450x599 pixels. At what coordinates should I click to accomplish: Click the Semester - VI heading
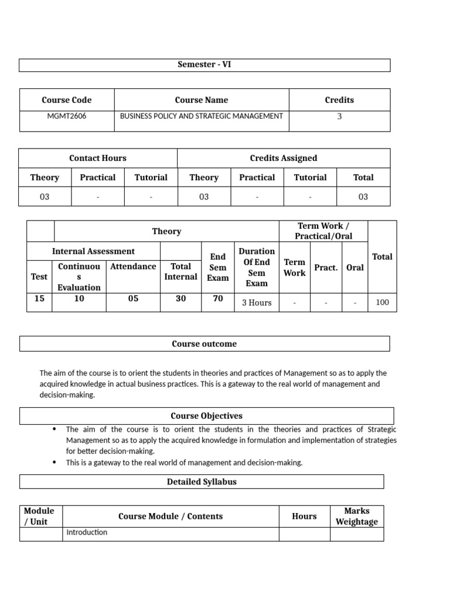tap(204, 65)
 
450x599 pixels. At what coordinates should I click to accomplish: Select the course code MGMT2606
tap(67, 116)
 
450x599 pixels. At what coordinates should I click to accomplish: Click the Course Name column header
tap(202, 100)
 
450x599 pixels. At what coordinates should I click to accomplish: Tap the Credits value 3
tap(339, 116)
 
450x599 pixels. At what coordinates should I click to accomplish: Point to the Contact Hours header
tap(98, 158)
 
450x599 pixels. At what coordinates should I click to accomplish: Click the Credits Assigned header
tap(284, 158)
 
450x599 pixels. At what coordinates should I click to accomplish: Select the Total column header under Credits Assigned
tap(363, 177)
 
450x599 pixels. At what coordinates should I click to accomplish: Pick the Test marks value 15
tap(39, 298)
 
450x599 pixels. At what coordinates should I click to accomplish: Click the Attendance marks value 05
tap(133, 298)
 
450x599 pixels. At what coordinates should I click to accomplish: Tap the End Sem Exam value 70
tap(218, 298)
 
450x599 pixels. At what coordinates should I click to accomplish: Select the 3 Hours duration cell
tap(257, 303)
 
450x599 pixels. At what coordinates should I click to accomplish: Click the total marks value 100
tap(382, 303)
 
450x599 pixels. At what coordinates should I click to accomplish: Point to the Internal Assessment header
tap(93, 251)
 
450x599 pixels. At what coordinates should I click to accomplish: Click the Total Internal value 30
tap(181, 298)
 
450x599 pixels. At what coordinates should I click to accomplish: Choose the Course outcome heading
tap(204, 344)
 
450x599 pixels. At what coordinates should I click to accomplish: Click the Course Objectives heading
tap(206, 416)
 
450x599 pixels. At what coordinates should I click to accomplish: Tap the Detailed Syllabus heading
tap(202, 482)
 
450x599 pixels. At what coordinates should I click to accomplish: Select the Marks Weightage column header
tap(356, 517)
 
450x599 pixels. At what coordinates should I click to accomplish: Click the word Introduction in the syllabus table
tap(87, 532)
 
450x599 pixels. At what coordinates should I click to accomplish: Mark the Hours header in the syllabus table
tap(304, 517)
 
